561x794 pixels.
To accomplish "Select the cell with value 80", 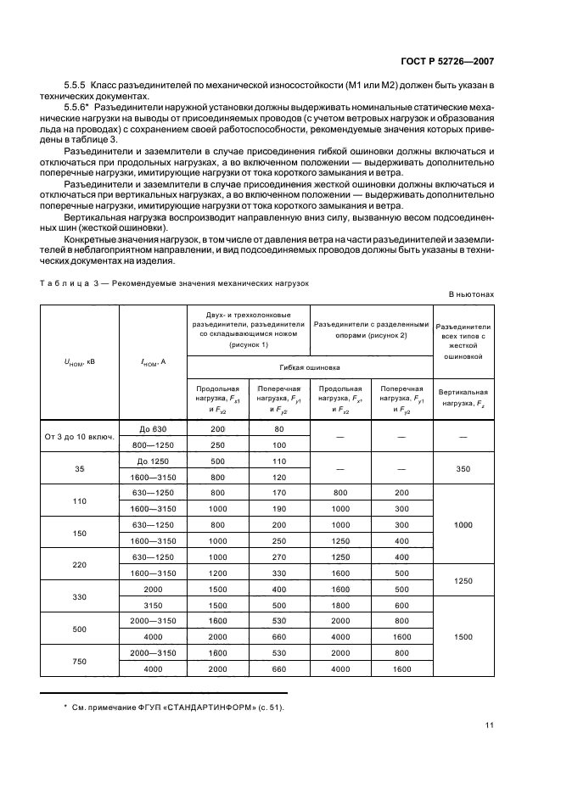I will [x=278, y=429].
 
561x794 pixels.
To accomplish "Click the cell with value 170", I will [x=278, y=492].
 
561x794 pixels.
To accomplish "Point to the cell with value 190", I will [x=278, y=508].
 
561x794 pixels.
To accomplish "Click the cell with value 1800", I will [x=339, y=604].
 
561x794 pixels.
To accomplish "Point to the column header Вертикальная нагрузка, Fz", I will [x=463, y=397].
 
